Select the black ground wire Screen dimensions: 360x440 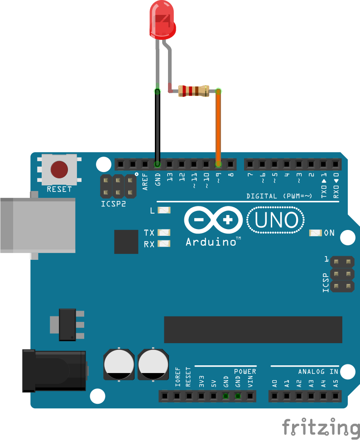click(x=158, y=127)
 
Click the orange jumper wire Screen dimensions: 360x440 click(x=218, y=127)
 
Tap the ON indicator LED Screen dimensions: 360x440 click(x=315, y=233)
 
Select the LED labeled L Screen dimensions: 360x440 click(x=165, y=210)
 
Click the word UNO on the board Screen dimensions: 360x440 click(x=276, y=220)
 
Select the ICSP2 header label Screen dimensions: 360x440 click(x=113, y=204)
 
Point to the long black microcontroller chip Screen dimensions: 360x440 click(x=253, y=330)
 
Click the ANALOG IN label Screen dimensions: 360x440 click(x=318, y=372)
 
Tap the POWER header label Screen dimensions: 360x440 click(x=245, y=372)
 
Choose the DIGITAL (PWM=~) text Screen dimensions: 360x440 click(x=279, y=196)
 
